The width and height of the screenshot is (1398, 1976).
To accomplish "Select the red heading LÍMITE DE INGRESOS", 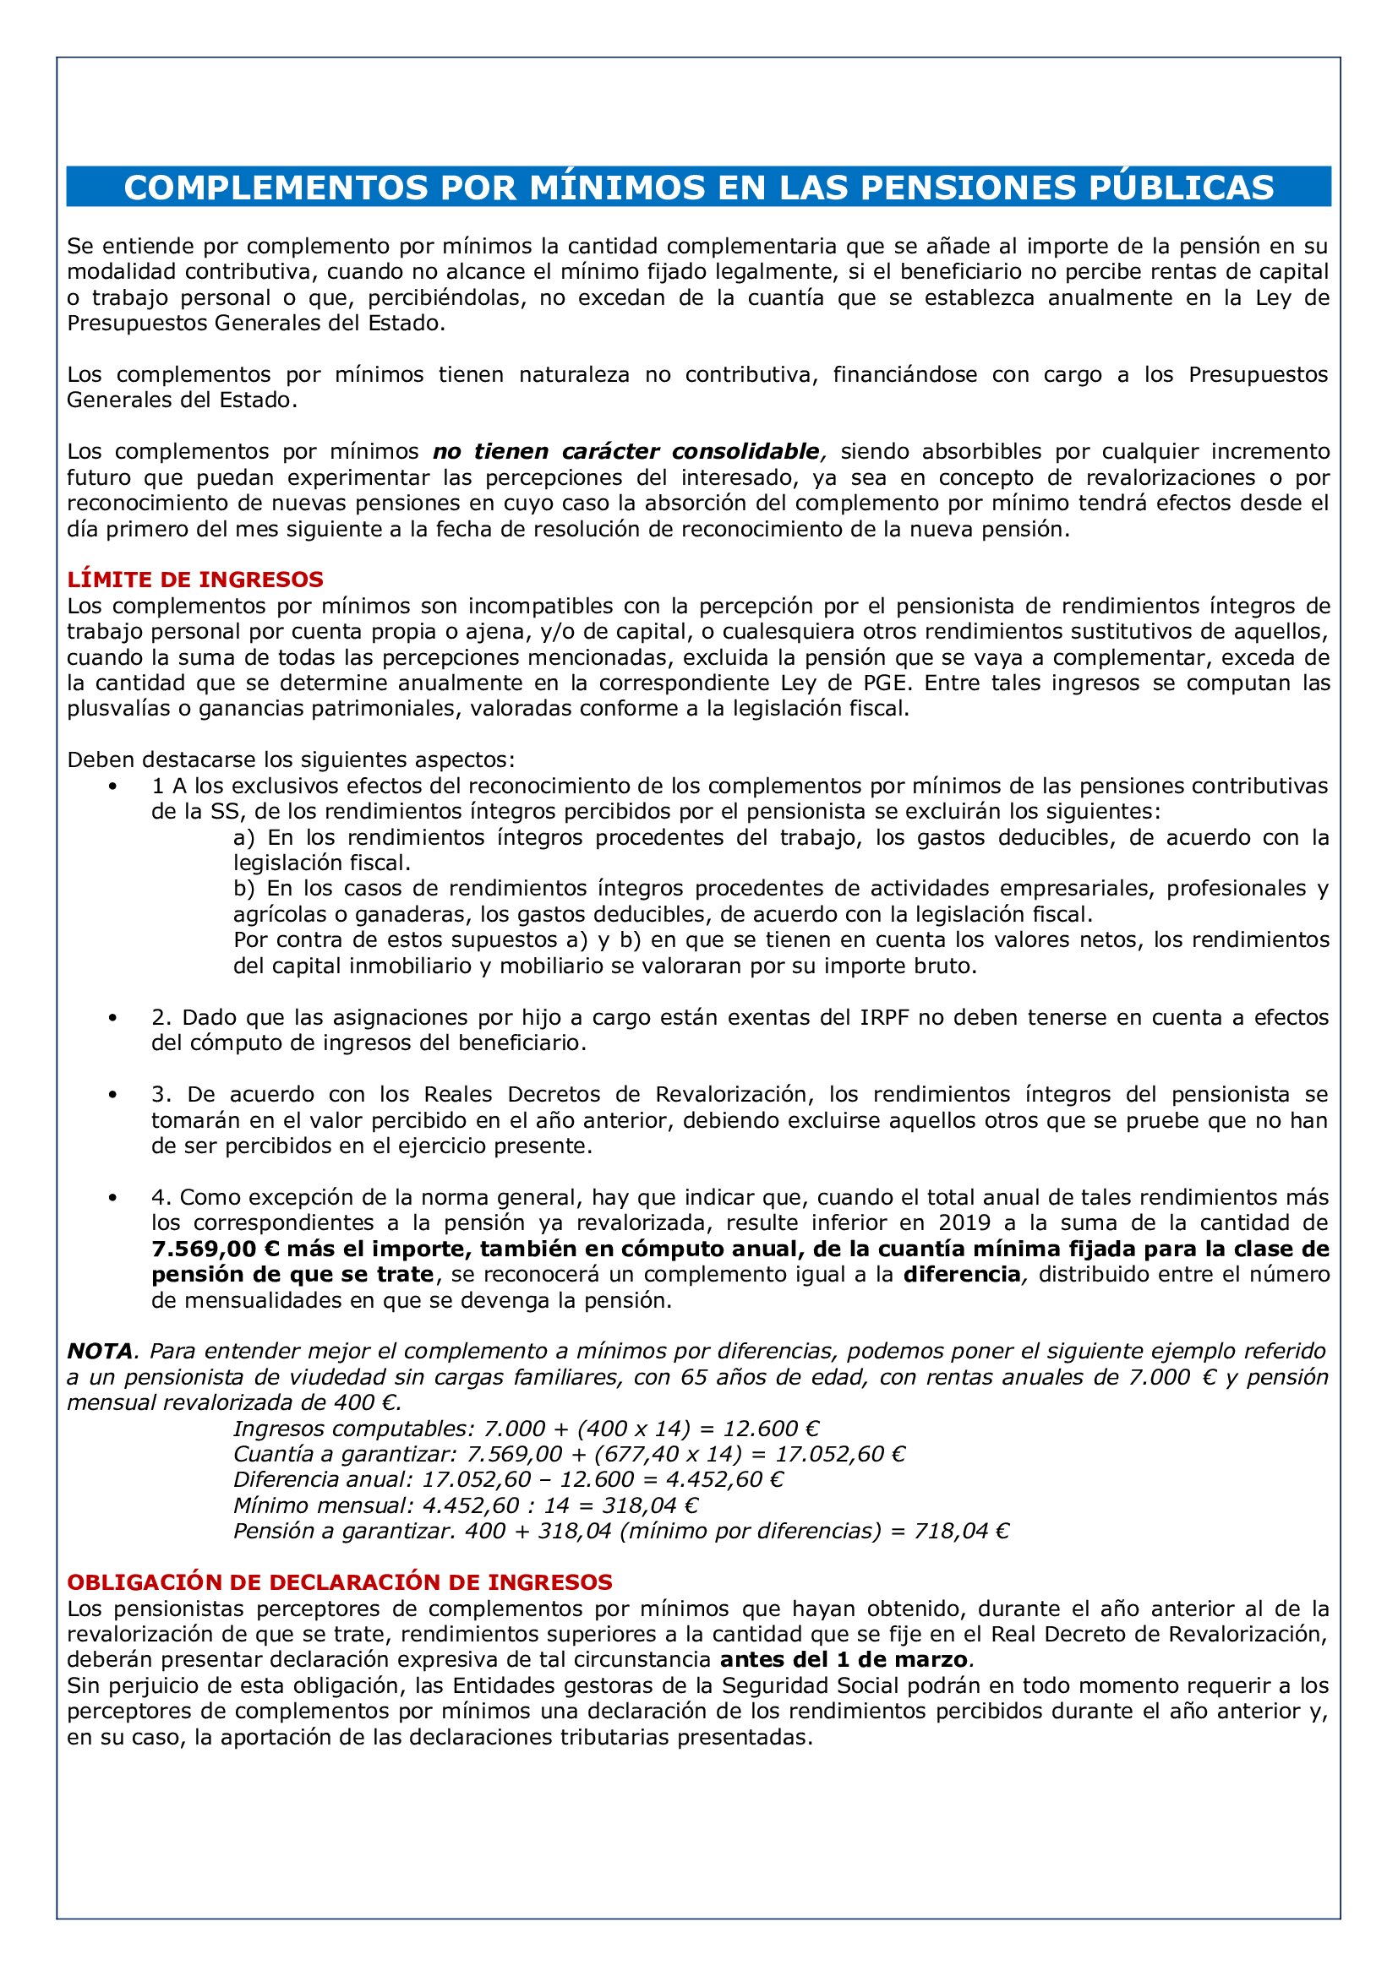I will pos(195,580).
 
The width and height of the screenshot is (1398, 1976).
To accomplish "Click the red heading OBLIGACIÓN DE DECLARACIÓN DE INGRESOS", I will pos(339,1581).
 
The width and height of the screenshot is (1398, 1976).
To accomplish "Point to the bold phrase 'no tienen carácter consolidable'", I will pos(625,451).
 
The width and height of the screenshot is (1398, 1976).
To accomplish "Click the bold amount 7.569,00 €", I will pos(216,1249).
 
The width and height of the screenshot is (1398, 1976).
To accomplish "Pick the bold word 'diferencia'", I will pos(961,1275).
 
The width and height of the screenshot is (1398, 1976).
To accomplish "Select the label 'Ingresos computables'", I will pos(352,1429).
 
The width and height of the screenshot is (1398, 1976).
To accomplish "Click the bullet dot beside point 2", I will pos(112,1017).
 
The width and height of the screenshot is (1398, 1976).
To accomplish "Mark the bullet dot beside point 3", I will pos(112,1095).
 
